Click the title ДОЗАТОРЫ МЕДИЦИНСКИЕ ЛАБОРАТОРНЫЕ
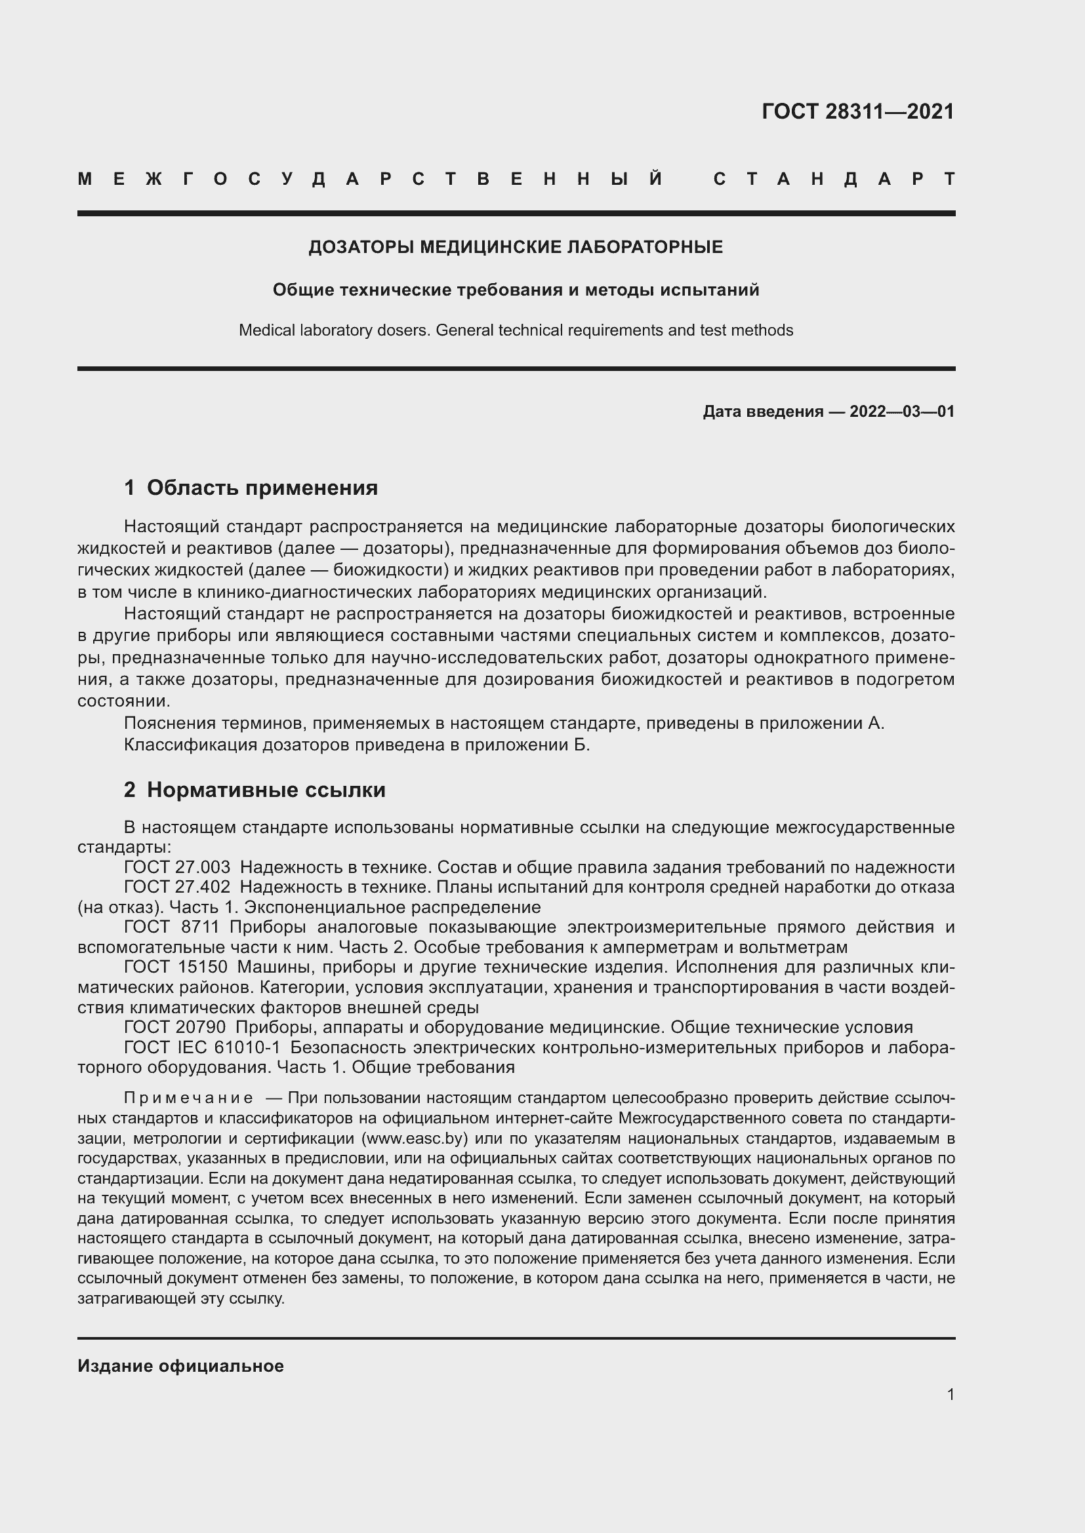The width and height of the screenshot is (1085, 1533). (515, 247)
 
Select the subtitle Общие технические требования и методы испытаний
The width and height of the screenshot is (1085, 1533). (515, 290)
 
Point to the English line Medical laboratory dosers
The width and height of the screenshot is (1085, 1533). (335, 330)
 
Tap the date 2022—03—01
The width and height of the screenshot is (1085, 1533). (901, 412)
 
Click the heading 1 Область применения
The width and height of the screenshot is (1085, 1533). (251, 488)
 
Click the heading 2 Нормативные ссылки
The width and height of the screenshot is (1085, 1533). (255, 789)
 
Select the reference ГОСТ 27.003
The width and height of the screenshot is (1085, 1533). (176, 867)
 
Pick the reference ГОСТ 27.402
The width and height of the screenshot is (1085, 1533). (176, 887)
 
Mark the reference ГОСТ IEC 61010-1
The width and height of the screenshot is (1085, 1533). (202, 1047)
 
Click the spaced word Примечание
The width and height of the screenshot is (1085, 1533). (188, 1098)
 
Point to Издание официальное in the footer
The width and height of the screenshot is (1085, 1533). (180, 1365)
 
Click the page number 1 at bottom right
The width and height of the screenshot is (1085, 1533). (950, 1394)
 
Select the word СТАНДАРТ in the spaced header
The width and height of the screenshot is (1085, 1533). (834, 179)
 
